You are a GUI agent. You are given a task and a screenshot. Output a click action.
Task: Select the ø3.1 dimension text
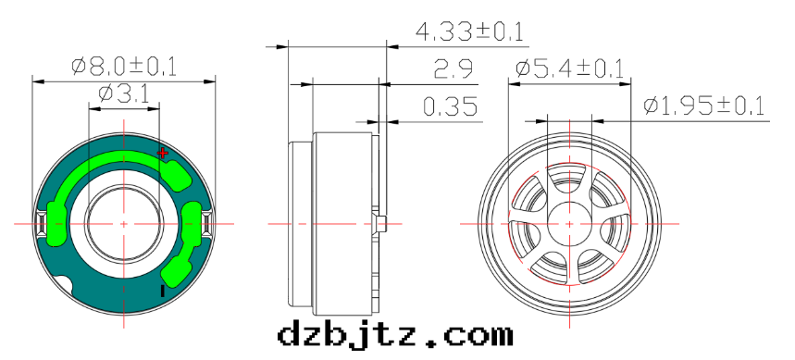(124, 93)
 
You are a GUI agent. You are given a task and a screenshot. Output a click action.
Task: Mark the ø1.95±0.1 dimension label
(704, 106)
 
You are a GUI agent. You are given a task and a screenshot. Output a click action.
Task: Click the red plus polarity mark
(163, 152)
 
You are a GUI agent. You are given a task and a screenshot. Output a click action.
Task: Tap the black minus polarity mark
(163, 292)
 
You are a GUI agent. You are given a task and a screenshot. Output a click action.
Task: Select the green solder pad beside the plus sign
(174, 172)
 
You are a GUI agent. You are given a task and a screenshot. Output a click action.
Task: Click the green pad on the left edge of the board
(55, 223)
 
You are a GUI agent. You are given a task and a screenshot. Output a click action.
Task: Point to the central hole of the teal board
(124, 223)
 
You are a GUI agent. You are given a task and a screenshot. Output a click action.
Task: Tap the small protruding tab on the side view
(382, 223)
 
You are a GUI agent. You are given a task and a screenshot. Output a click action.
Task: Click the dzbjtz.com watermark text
(394, 333)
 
